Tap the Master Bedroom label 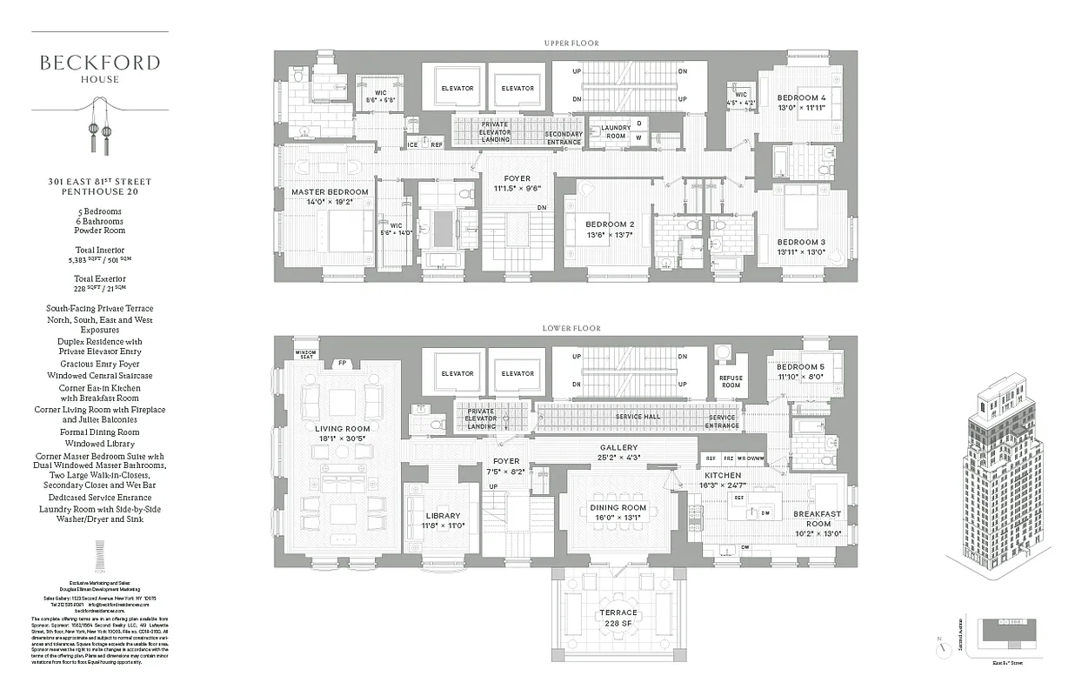click(x=330, y=191)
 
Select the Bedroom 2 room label click(x=608, y=224)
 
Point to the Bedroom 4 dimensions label click(x=800, y=108)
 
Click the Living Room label click(x=342, y=428)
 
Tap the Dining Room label click(x=618, y=507)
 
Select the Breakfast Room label click(x=818, y=519)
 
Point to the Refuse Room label click(x=730, y=381)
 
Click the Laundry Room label click(x=615, y=132)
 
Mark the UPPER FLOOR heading click(x=571, y=43)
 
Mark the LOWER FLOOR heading click(x=571, y=328)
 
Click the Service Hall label click(x=639, y=417)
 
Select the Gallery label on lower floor click(x=618, y=448)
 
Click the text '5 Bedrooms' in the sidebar click(x=98, y=211)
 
